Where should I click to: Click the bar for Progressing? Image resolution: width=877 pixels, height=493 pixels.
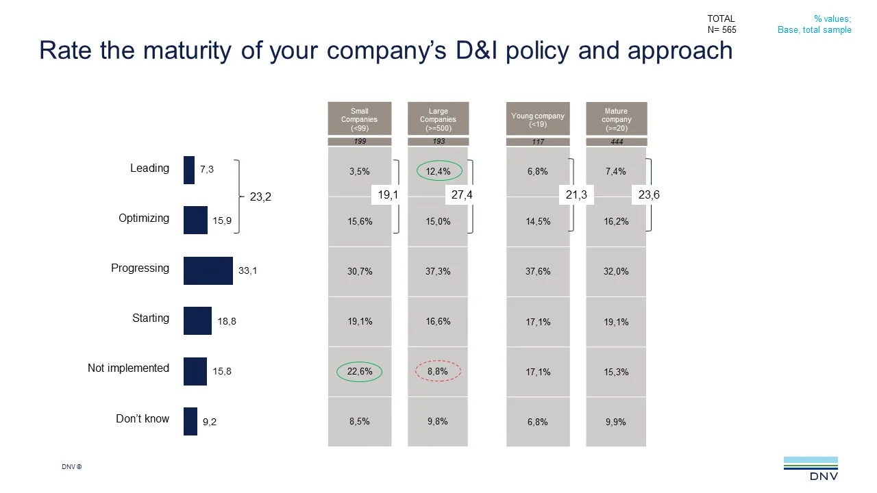(x=208, y=270)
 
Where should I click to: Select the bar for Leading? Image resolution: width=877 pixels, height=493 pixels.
(x=189, y=170)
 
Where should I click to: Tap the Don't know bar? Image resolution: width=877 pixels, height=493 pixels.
(x=190, y=421)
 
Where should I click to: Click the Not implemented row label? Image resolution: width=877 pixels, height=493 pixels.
(x=128, y=368)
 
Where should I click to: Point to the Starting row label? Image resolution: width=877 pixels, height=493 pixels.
(x=151, y=318)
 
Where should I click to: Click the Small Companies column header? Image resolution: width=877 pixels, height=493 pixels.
(x=360, y=119)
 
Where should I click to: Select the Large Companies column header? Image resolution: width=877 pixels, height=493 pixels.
(x=438, y=119)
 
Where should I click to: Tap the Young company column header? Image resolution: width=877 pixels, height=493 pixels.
(x=538, y=119)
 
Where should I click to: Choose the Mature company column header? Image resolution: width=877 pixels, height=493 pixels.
(x=616, y=119)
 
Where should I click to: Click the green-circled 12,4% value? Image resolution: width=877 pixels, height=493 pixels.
(x=438, y=171)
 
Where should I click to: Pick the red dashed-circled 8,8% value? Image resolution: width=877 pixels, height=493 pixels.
(x=438, y=371)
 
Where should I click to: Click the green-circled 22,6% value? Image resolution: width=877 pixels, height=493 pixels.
(x=360, y=371)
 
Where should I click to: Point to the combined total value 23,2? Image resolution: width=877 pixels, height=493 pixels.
(x=260, y=197)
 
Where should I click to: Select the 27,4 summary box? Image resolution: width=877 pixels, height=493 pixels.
(x=461, y=195)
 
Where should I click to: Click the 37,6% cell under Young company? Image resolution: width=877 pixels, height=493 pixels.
(x=538, y=271)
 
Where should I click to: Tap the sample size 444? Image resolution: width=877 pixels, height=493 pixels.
(x=616, y=142)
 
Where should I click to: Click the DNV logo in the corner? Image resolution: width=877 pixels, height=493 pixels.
(x=811, y=468)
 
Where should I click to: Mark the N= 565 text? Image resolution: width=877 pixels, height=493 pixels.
(x=722, y=29)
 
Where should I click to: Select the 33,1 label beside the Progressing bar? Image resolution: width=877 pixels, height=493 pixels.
(x=248, y=271)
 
